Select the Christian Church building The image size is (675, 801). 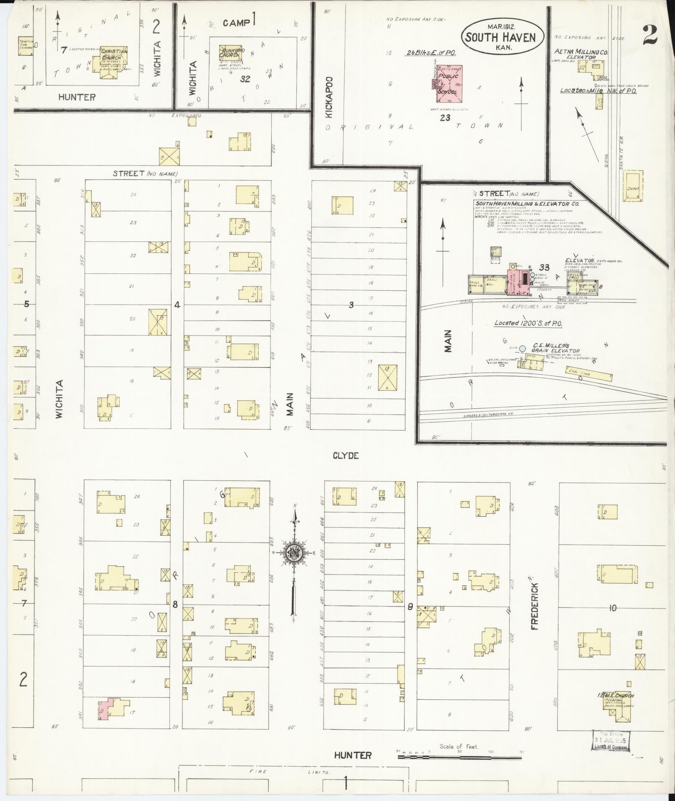110,62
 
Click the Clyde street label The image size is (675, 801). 345,456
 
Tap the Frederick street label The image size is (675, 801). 535,603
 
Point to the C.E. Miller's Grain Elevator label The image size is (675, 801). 555,348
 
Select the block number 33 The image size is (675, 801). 544,267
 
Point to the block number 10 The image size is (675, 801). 613,608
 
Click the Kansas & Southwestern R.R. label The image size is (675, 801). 488,415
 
